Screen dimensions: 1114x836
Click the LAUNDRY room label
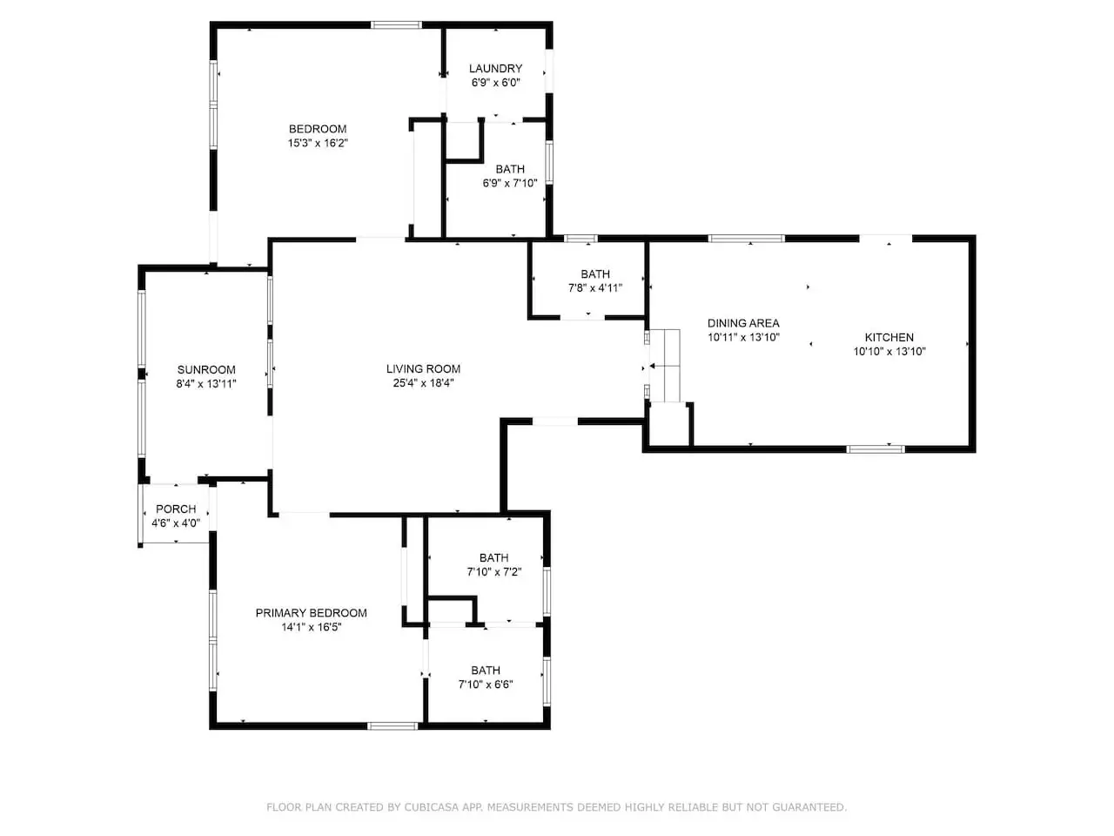tap(495, 69)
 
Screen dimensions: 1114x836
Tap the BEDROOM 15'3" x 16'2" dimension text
tap(318, 143)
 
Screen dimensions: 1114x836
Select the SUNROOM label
tap(206, 369)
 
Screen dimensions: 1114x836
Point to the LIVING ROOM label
tap(423, 369)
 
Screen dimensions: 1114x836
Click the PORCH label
tap(176, 509)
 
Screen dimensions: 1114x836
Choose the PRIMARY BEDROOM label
tap(311, 613)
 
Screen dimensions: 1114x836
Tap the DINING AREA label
tap(743, 323)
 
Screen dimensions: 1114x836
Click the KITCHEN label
tap(889, 338)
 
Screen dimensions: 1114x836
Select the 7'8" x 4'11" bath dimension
tap(595, 288)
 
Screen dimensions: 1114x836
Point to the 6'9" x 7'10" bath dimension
tap(510, 183)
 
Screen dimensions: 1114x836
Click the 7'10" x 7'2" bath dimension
tap(494, 572)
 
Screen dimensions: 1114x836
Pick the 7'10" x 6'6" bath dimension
tap(486, 684)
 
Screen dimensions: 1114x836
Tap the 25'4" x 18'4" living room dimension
tap(423, 383)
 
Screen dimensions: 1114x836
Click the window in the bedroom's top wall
tap(396, 25)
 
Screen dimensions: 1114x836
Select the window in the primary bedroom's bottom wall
tap(393, 726)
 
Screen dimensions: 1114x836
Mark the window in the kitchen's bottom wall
tap(876, 448)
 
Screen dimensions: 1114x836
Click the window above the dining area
tap(746, 239)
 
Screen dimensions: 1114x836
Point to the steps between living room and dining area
tap(665, 366)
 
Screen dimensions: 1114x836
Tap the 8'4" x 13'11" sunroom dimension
tap(206, 384)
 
